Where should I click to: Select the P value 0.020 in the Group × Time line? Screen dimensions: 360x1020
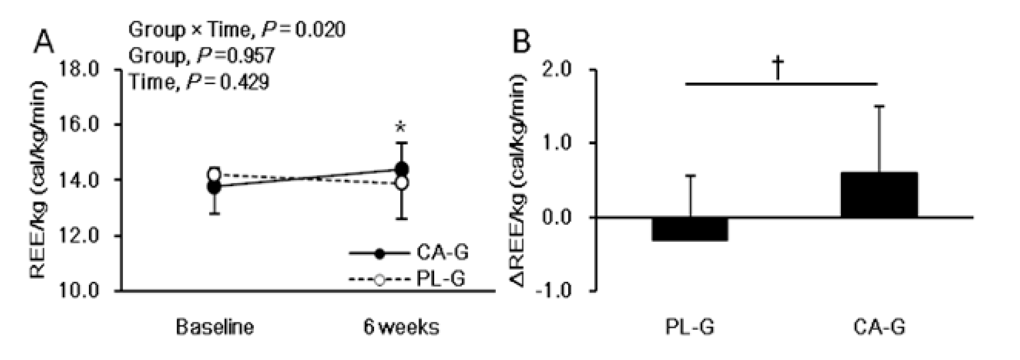pos(320,30)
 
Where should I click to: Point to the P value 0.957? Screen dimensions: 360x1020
pos(249,56)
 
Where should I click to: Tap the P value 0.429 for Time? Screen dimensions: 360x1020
pos(244,82)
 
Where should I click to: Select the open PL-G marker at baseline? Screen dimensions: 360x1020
pos(214,174)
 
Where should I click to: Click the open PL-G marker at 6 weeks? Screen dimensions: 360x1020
pos(401,183)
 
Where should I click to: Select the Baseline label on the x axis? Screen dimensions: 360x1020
pos(215,327)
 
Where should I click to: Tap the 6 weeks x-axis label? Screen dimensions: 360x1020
pos(401,327)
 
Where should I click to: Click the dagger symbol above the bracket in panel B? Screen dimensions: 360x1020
pos(778,68)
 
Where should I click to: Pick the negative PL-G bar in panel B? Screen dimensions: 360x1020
pos(690,229)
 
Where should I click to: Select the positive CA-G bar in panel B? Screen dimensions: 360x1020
pos(879,195)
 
